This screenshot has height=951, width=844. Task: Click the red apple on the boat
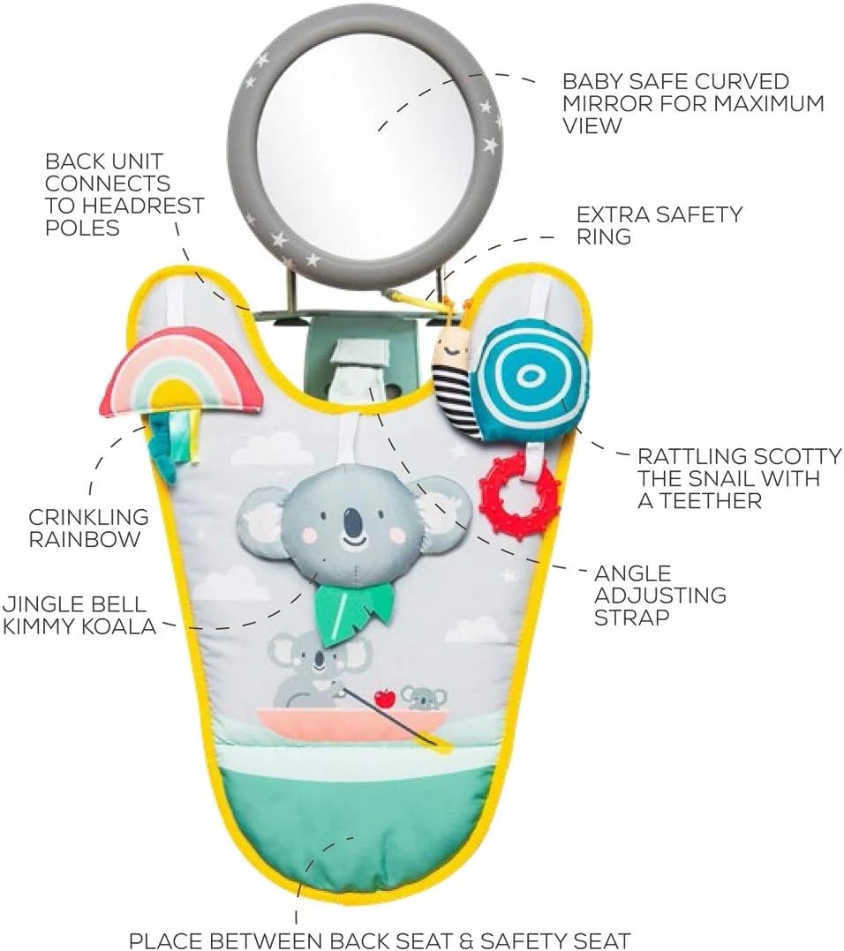click(x=384, y=699)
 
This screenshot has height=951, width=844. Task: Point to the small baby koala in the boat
click(x=425, y=698)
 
